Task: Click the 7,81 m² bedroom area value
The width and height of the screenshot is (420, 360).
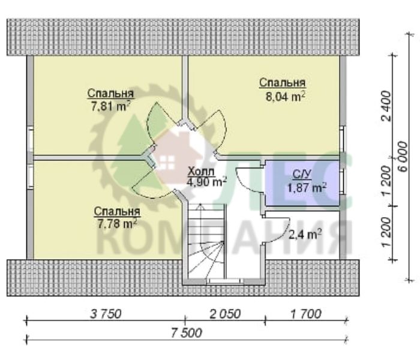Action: [110, 106]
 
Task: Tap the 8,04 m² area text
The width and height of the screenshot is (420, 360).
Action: [285, 97]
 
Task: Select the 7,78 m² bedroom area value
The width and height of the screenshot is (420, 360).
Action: [118, 224]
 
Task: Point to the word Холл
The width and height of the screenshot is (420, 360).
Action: [201, 172]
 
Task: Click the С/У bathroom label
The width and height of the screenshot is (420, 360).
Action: [302, 175]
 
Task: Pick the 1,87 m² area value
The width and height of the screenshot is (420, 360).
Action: [307, 187]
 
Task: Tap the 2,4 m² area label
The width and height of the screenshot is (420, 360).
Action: [305, 235]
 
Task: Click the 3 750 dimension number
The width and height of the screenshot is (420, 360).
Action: [106, 314]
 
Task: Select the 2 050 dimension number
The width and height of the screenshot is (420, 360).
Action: [225, 314]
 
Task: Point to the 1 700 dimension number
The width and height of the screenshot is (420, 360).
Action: [305, 314]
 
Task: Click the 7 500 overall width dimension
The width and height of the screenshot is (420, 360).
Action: [186, 333]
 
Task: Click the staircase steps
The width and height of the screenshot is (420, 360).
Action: [205, 241]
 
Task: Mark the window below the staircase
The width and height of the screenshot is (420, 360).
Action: [225, 281]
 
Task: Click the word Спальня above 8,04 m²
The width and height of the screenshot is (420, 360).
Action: [283, 83]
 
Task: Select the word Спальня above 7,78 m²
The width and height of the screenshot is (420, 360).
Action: [117, 212]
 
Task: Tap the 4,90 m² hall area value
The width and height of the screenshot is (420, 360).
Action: [207, 182]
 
